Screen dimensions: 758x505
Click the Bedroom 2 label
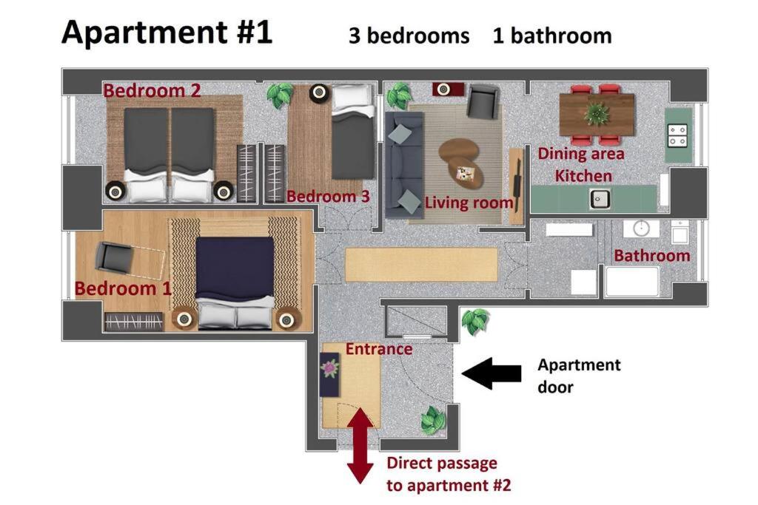click(x=152, y=90)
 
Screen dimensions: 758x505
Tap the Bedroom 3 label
click(x=328, y=196)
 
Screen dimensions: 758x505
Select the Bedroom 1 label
click(x=123, y=288)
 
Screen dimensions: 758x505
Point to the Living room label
click(x=469, y=203)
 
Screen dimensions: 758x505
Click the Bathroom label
click(x=651, y=255)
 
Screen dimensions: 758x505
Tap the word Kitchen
click(x=583, y=176)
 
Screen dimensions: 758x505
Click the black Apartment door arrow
click(x=492, y=373)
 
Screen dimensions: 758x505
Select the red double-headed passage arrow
click(x=360, y=445)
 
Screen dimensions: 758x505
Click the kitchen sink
click(x=600, y=199)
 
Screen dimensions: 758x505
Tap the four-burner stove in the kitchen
click(x=677, y=135)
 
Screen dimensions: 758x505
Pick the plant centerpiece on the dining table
click(x=597, y=114)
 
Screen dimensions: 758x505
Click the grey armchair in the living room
click(x=482, y=101)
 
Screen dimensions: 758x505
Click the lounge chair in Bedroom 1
click(x=127, y=260)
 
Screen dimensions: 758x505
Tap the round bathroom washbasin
click(x=641, y=228)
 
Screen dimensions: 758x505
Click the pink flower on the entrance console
click(x=330, y=368)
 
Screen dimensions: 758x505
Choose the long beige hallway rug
click(x=421, y=265)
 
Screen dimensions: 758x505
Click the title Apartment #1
click(x=167, y=33)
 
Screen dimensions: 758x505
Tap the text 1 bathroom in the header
click(x=552, y=36)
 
